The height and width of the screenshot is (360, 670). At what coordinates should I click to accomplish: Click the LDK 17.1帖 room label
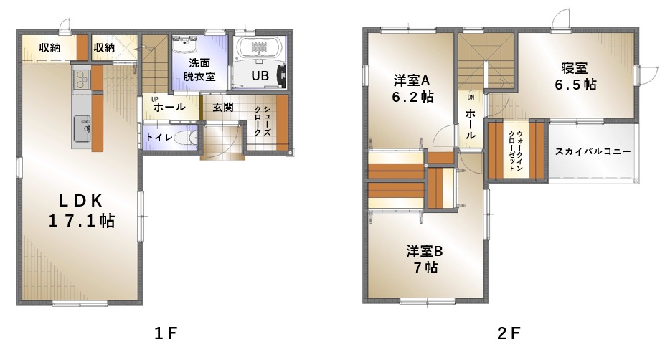point(81,211)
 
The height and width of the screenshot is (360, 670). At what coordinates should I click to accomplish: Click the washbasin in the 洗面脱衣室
point(184,44)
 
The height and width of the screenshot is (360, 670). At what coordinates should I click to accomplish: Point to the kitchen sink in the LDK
point(82,128)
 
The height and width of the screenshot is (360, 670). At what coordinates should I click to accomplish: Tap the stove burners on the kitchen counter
point(81,80)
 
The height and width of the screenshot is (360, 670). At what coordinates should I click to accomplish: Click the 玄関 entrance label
point(223,107)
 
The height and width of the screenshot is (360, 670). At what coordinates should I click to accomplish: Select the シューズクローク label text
point(263,121)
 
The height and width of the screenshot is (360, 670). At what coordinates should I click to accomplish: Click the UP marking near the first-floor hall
point(154,99)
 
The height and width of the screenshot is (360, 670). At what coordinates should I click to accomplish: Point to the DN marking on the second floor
point(471,98)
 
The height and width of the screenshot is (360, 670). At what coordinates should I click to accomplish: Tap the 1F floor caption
point(166,333)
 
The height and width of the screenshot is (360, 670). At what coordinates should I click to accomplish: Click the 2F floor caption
point(509,333)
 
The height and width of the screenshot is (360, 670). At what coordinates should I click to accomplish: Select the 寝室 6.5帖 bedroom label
point(575,77)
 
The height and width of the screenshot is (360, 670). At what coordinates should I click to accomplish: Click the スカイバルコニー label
point(593,151)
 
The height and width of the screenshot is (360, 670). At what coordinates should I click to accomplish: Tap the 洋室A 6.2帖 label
point(412,88)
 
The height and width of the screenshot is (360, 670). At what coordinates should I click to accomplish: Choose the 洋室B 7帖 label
point(425,259)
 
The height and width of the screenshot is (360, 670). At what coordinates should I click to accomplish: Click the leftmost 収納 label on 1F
point(49,48)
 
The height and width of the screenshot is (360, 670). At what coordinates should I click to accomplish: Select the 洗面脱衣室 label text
point(199,70)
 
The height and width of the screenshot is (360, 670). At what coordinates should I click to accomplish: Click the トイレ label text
point(159,137)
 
